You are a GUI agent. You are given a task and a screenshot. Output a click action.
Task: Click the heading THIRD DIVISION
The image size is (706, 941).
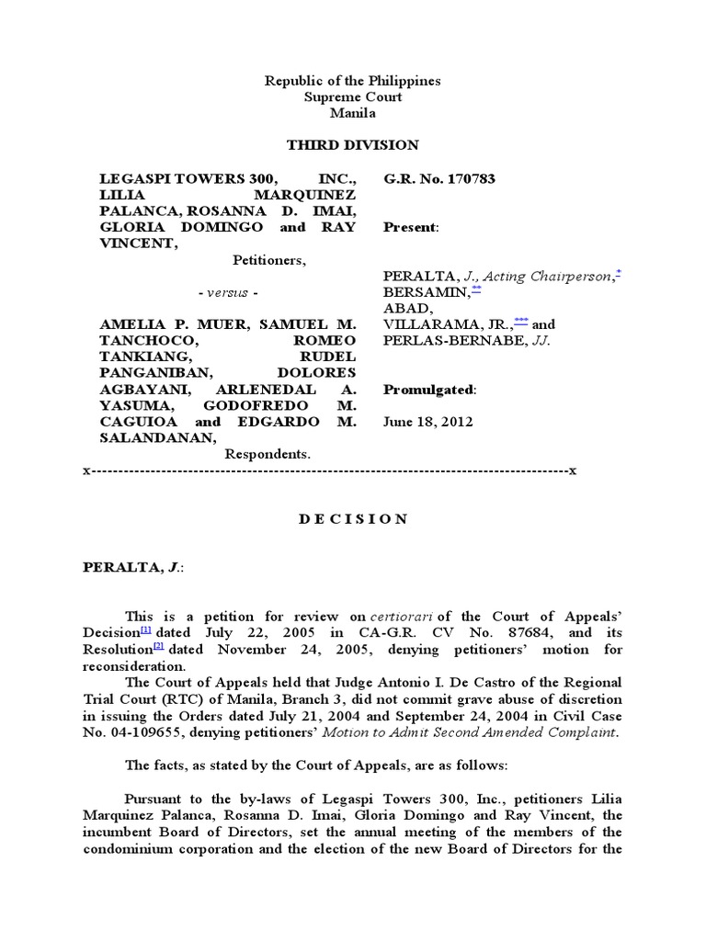pos(352,145)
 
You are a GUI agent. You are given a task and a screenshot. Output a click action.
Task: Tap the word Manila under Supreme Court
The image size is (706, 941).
pos(352,112)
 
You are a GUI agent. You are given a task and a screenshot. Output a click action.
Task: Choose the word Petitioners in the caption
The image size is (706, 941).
pos(268,260)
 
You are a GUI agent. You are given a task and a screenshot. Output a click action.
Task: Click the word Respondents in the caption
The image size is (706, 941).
pos(268,454)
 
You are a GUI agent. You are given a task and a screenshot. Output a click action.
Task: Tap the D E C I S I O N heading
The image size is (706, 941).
pos(353,519)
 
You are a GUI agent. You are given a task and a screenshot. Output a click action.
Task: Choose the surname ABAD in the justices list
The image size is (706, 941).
pos(402,309)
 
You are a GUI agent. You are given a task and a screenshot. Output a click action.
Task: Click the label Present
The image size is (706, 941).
pos(410,226)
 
